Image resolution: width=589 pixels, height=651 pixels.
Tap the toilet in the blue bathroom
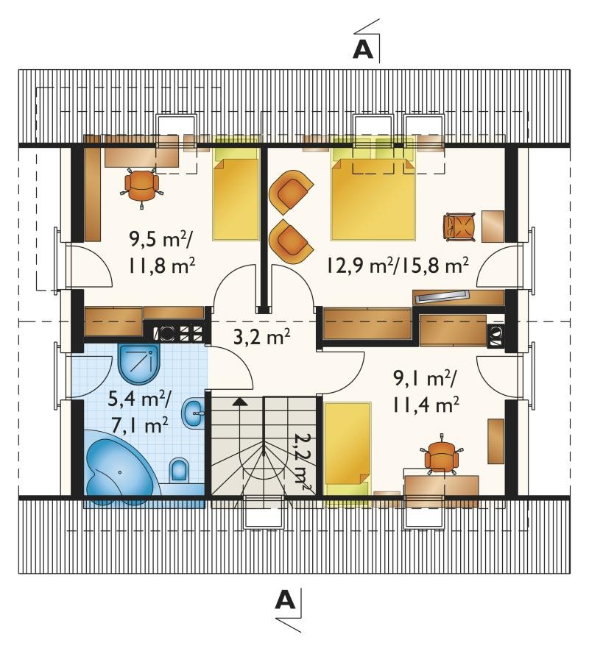[x=179, y=471]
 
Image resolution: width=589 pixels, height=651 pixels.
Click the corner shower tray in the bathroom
[x=138, y=362]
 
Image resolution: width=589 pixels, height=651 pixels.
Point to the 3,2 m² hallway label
[x=261, y=337]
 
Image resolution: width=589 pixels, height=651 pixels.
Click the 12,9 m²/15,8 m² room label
[x=398, y=265]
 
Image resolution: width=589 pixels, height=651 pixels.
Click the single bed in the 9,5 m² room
[x=236, y=192]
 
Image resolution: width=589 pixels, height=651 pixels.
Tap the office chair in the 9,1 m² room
[x=441, y=456]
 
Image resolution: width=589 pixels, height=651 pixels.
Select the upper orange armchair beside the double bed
[x=290, y=193]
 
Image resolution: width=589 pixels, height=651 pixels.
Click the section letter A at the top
[x=362, y=49]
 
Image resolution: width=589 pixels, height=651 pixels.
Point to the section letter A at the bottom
[x=285, y=600]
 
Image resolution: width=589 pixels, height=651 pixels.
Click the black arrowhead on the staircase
[x=239, y=401]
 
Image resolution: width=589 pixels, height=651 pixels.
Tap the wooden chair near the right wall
[x=459, y=227]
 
